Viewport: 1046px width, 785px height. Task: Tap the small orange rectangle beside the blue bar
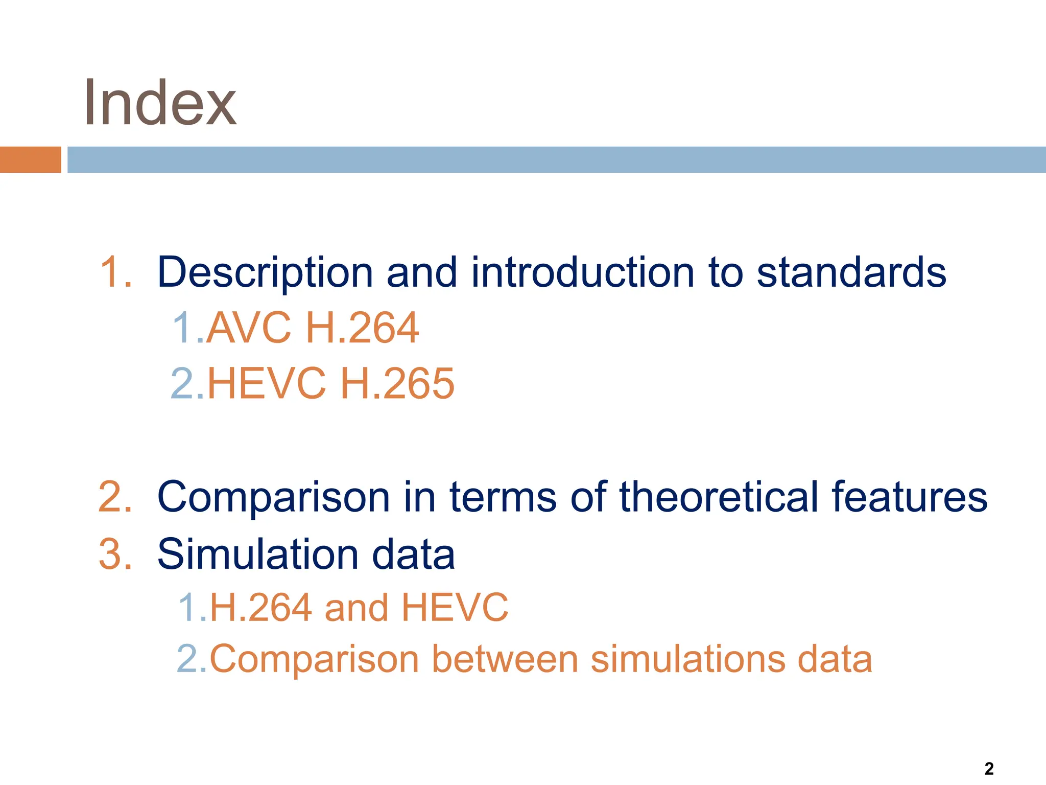pos(30,159)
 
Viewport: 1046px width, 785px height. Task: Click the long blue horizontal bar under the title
pos(556,159)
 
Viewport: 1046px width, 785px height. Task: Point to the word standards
pos(851,272)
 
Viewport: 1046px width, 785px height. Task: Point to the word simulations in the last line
pos(687,659)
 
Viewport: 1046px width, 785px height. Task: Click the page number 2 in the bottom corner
pos(989,769)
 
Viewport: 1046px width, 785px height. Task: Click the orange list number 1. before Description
pos(116,272)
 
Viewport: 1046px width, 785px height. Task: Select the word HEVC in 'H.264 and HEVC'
pos(455,608)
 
